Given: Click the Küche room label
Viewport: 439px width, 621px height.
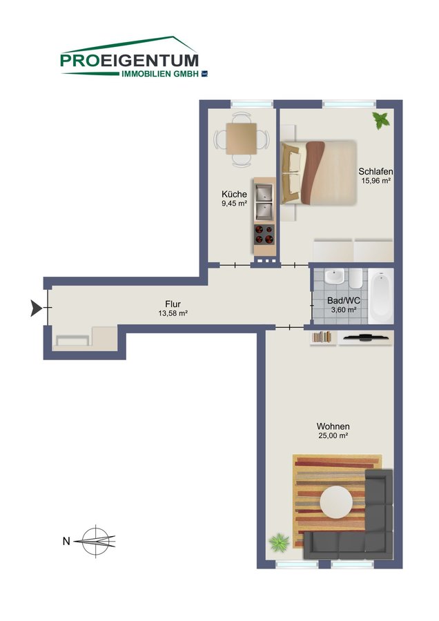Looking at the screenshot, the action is (x=234, y=195).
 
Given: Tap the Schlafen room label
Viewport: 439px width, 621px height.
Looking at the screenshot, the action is (x=375, y=172).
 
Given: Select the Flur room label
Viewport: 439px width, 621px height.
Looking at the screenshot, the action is (x=173, y=304).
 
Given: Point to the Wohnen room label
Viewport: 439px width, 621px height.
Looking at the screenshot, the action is (x=333, y=426).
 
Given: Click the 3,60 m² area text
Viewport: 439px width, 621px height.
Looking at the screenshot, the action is (x=344, y=310).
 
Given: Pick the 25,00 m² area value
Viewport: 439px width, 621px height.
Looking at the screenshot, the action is (x=333, y=435).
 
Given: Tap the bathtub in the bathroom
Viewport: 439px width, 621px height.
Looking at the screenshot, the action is (x=381, y=296).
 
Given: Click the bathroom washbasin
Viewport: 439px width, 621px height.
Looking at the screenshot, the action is (x=334, y=276).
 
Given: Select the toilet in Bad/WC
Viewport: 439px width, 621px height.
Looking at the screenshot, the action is (x=355, y=279).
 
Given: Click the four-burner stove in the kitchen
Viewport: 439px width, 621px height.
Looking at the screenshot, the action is (x=264, y=234).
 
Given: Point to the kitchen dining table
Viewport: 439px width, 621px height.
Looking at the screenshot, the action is (x=242, y=139).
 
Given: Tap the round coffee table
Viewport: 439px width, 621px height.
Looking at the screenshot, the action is (x=336, y=502).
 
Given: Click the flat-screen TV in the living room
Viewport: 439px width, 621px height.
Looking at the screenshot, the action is (x=366, y=337).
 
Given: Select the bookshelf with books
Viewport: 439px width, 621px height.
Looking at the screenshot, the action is (x=322, y=337).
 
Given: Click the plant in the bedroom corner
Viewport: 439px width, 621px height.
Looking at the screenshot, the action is (x=381, y=120).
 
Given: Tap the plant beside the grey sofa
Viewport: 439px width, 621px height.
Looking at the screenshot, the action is (x=280, y=542).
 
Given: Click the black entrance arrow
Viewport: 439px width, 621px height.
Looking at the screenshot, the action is (x=36, y=308).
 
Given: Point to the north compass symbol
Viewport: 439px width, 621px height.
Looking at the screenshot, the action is (x=95, y=540).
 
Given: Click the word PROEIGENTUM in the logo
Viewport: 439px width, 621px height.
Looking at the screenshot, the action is (x=129, y=61).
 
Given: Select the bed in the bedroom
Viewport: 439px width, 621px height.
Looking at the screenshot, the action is (x=319, y=172).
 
